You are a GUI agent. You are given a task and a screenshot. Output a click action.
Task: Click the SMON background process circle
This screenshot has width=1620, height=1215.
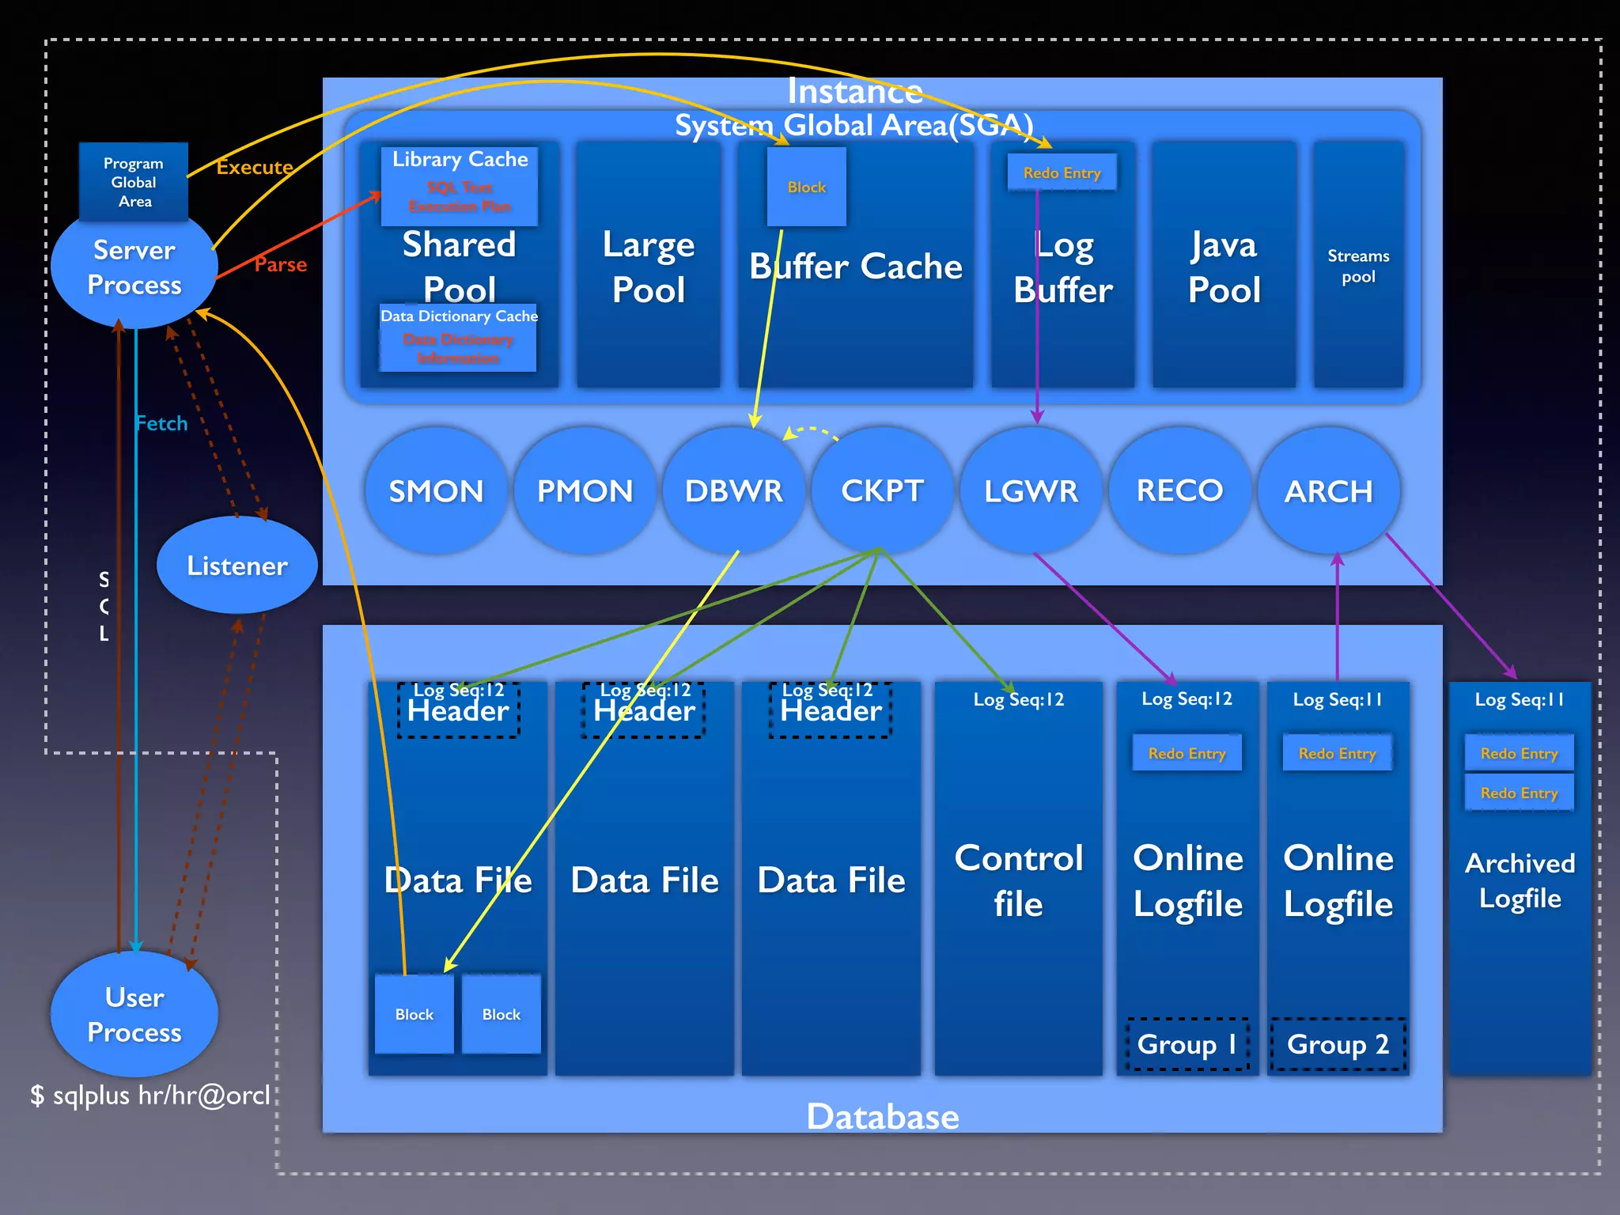[436, 491]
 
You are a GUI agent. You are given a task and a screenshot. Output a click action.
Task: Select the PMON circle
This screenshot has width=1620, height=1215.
[585, 491]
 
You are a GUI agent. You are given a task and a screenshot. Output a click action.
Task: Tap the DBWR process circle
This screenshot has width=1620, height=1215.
[733, 491]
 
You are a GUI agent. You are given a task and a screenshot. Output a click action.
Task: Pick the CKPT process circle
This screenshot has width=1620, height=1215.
[882, 491]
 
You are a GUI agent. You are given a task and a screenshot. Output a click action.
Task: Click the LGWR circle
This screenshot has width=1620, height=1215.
[1031, 491]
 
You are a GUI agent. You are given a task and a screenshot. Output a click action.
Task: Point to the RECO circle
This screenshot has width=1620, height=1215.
[1179, 491]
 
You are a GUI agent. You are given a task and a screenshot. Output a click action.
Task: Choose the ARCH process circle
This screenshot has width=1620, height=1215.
[1328, 491]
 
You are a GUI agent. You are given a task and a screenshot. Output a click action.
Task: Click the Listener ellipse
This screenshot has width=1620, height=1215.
[237, 566]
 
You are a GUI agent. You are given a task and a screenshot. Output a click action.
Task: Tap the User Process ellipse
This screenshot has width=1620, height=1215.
[134, 1014]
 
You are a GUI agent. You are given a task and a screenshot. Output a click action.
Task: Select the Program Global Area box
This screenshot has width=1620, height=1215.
[134, 182]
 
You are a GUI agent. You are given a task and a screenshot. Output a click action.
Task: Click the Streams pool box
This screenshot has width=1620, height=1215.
[1358, 266]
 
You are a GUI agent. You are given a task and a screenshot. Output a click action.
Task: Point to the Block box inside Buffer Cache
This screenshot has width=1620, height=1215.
[806, 187]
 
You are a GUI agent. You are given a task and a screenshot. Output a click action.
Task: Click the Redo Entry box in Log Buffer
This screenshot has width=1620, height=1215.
[1062, 172]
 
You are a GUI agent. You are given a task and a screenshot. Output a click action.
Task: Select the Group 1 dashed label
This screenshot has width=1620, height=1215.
[1187, 1044]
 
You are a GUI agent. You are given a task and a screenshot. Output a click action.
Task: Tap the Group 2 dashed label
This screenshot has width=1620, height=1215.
[1338, 1044]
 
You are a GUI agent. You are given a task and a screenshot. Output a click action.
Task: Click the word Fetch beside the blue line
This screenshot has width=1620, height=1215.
[161, 423]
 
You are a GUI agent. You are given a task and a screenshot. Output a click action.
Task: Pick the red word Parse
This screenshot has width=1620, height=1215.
[280, 264]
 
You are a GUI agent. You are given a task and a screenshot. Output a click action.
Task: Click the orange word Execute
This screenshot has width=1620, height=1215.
[255, 167]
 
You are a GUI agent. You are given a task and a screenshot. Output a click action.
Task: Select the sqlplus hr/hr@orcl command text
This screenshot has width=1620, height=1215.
[150, 1096]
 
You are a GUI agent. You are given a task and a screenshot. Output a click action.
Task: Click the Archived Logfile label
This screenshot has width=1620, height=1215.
[1520, 880]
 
